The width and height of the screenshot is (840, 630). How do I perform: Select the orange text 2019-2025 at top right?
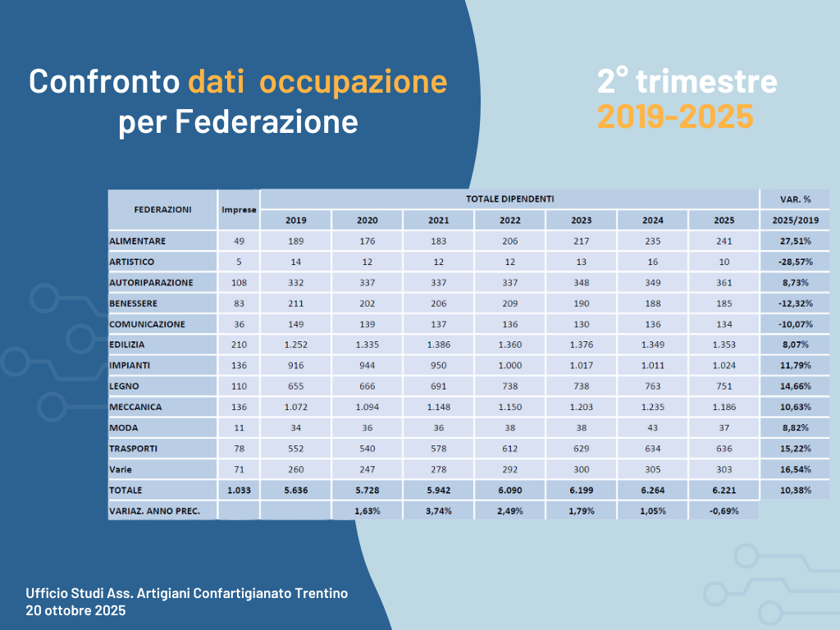click(674, 117)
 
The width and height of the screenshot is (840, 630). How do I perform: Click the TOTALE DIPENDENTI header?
click(509, 199)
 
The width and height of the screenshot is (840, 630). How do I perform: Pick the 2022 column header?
click(509, 220)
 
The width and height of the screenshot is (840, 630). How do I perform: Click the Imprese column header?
click(239, 209)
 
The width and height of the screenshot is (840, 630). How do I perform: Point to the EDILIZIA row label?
click(127, 345)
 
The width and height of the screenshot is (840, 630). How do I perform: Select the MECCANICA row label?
click(135, 407)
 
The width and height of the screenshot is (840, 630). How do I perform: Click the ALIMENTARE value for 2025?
click(724, 241)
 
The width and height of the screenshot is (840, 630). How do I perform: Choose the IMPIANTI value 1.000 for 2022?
click(509, 366)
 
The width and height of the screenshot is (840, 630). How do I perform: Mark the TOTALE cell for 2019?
click(295, 490)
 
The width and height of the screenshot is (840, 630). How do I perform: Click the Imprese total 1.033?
click(239, 490)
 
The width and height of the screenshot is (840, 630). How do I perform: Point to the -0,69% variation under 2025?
click(724, 510)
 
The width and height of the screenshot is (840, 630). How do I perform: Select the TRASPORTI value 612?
click(509, 449)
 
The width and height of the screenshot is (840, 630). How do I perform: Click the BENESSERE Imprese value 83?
click(239, 304)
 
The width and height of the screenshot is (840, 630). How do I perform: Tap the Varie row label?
click(121, 469)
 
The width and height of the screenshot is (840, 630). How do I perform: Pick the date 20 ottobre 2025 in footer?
click(75, 610)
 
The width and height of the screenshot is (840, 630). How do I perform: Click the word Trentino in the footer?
click(319, 593)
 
